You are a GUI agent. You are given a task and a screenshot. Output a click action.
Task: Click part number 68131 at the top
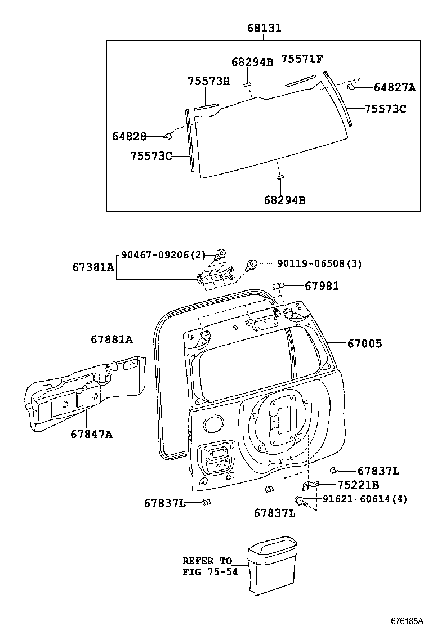point(264,28)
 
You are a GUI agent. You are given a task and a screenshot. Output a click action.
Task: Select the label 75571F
point(302,59)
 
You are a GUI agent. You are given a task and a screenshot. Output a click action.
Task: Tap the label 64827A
point(394,87)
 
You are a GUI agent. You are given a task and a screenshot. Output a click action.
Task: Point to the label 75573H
point(209,81)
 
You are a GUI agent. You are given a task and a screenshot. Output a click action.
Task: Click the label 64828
point(129,136)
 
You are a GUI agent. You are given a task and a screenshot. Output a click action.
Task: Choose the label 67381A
point(93,267)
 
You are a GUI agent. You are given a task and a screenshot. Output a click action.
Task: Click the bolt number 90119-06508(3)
point(319,263)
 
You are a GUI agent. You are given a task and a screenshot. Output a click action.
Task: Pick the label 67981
point(322,286)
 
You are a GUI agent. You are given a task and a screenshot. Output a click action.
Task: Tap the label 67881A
point(112,339)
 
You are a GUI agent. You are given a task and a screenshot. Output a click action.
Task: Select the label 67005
point(364,343)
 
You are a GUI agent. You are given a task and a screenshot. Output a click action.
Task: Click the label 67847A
point(91,433)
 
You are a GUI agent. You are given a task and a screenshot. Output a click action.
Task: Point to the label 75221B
point(358,485)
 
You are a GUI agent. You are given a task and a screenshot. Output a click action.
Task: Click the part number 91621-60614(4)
point(365,499)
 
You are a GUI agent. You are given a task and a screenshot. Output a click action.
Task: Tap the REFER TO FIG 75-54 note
point(211,566)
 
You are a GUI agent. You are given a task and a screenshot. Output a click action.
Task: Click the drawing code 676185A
point(407,620)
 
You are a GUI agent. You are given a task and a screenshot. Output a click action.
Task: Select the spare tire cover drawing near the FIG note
point(273,566)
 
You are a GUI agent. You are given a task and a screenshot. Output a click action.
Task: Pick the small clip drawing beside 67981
point(278,286)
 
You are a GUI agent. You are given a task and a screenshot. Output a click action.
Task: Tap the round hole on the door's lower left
point(213,423)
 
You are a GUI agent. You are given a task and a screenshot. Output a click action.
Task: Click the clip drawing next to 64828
point(167,137)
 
